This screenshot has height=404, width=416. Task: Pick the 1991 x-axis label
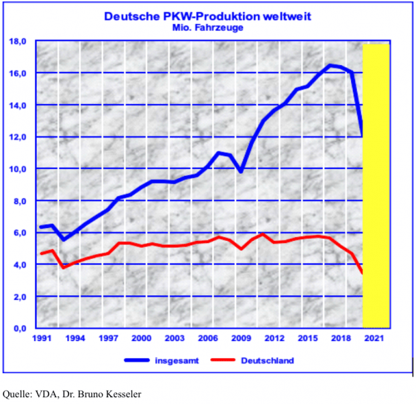tap(42, 339)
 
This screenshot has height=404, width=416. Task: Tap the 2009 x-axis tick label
tap(242, 339)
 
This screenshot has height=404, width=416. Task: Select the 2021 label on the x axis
tap(374, 339)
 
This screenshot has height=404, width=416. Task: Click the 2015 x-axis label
tap(308, 339)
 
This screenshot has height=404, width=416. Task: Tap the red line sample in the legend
tap(224, 360)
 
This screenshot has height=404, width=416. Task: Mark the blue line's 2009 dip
tap(241, 172)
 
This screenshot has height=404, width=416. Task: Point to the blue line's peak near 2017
tap(329, 65)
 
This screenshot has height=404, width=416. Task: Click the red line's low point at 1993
tap(64, 267)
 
